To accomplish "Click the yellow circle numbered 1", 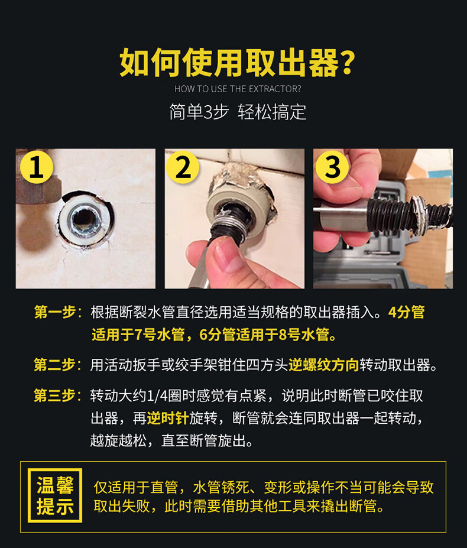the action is pos(36,167).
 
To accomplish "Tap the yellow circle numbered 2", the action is pos(183,167).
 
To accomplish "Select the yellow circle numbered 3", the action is pos(332,167).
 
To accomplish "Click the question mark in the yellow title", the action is pos(348,63).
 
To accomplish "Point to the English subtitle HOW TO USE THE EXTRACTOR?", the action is pos(238,89).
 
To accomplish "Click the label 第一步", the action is pos(55,312).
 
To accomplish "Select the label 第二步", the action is pos(55,365).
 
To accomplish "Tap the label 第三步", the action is pos(55,396).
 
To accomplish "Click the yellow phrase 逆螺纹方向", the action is pos(324,365).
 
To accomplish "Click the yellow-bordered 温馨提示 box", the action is pos(55,495).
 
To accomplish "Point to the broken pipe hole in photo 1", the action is pos(84,219).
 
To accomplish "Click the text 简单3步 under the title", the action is pos(199,112).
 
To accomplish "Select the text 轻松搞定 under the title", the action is pos(272,112).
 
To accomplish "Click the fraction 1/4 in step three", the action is pos(157,396).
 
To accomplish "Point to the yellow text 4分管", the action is pos(407,312).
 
